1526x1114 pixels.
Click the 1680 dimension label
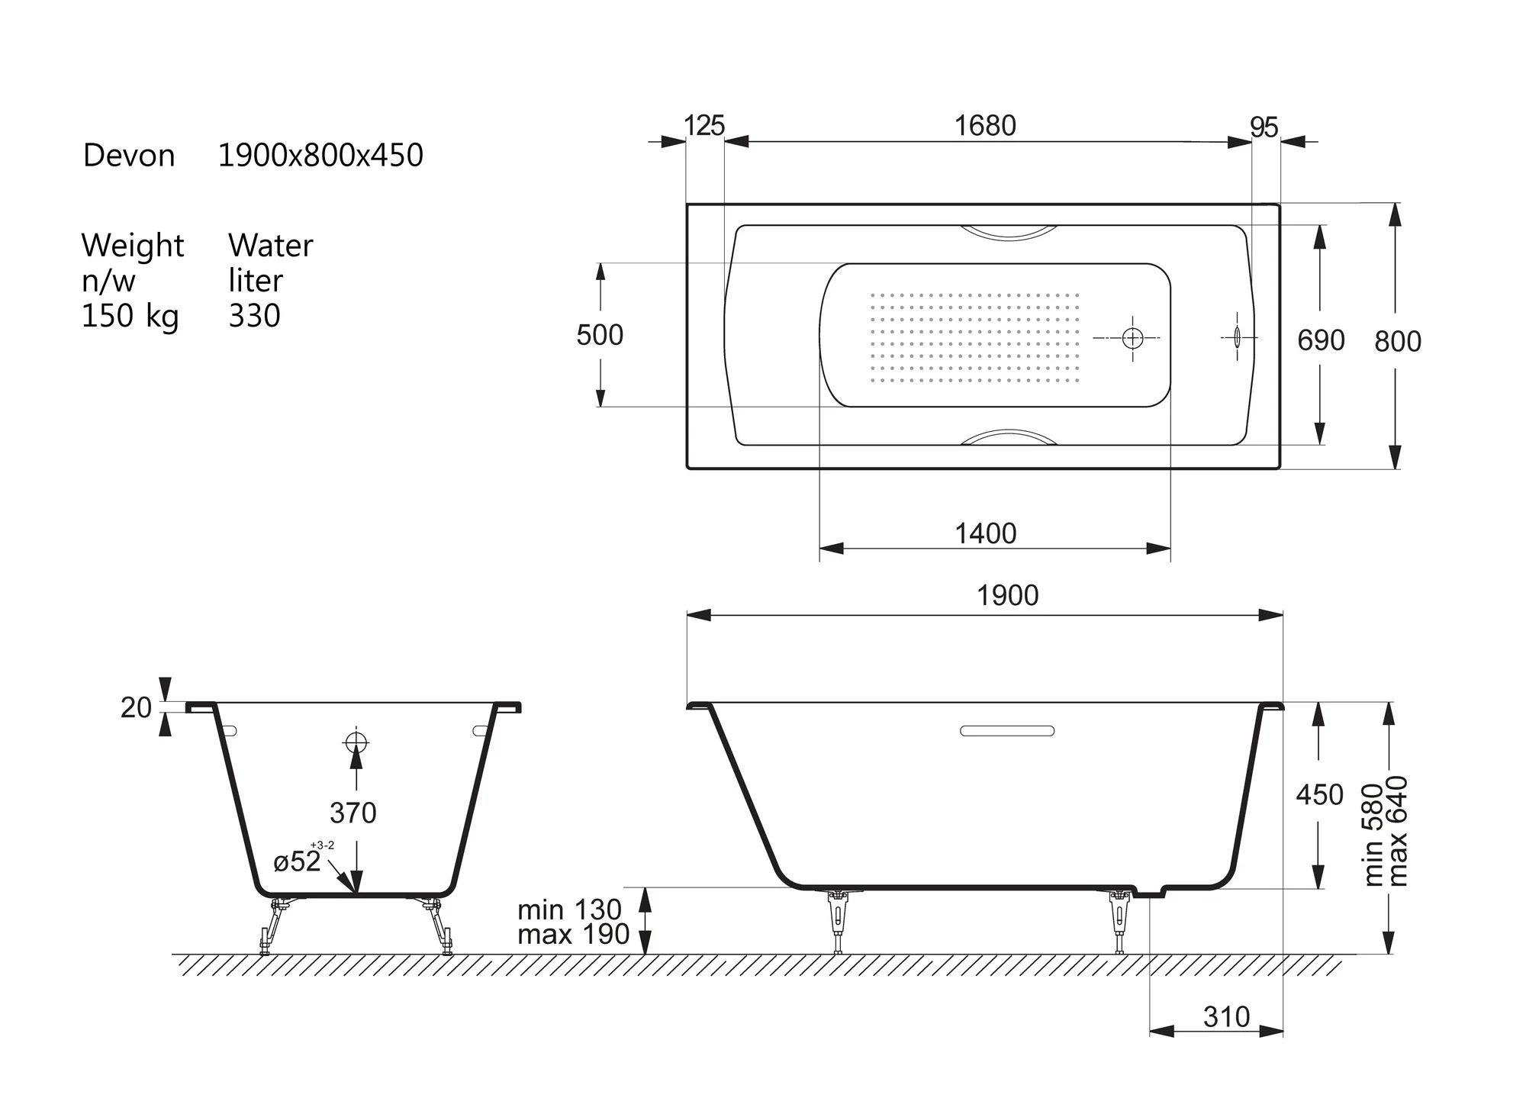tap(985, 126)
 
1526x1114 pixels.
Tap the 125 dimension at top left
tap(704, 126)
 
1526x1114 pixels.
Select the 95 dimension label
tap(1264, 127)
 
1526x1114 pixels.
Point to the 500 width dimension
tap(600, 335)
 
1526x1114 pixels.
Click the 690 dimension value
tap(1321, 340)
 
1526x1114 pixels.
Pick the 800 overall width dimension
tap(1398, 342)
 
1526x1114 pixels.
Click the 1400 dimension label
tap(986, 533)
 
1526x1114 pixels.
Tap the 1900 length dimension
tap(1008, 595)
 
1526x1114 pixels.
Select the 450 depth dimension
tap(1319, 795)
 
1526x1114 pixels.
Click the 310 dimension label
tap(1226, 1017)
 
